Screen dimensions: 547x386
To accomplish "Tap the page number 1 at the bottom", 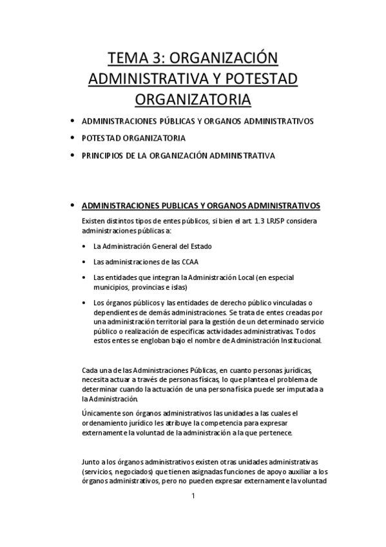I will pyautogui.click(x=193, y=496).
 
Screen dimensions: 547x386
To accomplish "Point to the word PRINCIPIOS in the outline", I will pyautogui.click(x=102, y=155).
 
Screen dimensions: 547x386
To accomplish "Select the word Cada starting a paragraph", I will pyautogui.click(x=91, y=370).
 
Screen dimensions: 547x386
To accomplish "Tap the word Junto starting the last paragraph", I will pyautogui.click(x=92, y=462).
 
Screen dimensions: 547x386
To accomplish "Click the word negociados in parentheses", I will pyautogui.click(x=138, y=472).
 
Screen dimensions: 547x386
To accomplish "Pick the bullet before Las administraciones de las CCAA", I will pyautogui.click(x=86, y=262).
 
